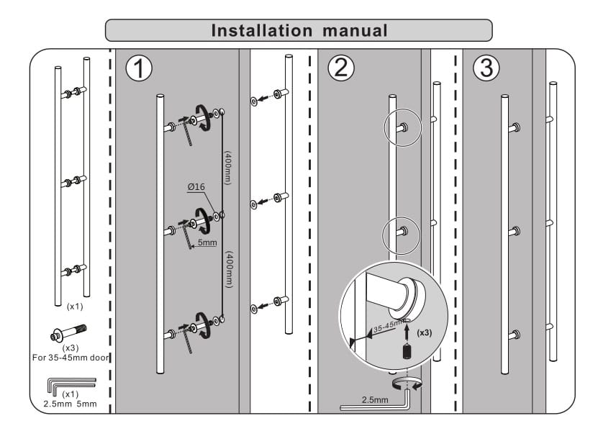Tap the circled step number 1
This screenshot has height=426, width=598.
pyautogui.click(x=139, y=68)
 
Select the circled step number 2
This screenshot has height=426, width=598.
pyautogui.click(x=341, y=68)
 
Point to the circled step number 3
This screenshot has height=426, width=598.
pyautogui.click(x=486, y=68)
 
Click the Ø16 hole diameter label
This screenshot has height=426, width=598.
pyautogui.click(x=196, y=187)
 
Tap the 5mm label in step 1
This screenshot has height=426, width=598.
pyautogui.click(x=207, y=243)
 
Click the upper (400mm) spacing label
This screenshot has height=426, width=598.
pyautogui.click(x=228, y=169)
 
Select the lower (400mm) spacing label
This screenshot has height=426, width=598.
pyautogui.click(x=228, y=270)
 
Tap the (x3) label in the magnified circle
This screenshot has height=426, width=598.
pyautogui.click(x=425, y=334)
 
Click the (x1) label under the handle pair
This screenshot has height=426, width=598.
pyautogui.click(x=74, y=306)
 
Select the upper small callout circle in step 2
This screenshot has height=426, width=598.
pyautogui.click(x=402, y=125)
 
